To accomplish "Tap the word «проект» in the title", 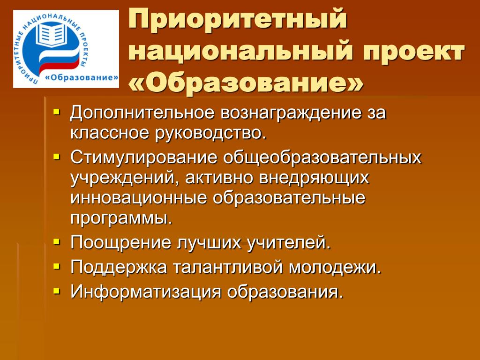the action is tap(414, 52).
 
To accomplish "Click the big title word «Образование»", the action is tap(246, 82).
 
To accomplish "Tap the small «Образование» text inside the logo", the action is tap(82, 77).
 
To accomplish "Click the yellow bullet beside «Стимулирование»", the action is tap(56, 157).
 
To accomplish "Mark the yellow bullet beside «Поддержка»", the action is tap(56, 266).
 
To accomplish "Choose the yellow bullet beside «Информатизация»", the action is tap(56, 291).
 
